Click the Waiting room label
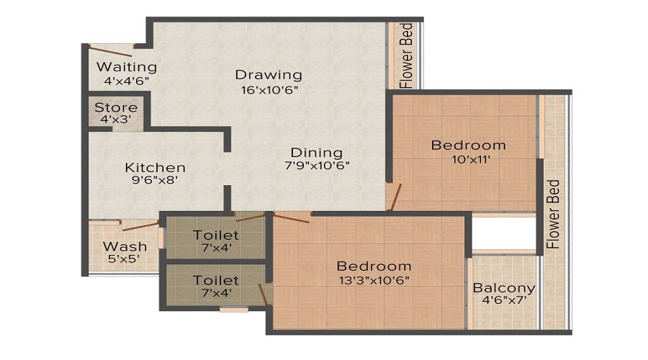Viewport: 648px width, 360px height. coord(127,67)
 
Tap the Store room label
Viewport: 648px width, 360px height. coord(116,107)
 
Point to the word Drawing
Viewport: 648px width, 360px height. coord(269,75)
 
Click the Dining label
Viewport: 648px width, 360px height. coord(316,153)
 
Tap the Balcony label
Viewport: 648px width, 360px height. coord(503,288)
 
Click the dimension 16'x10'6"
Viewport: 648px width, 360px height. coord(269,90)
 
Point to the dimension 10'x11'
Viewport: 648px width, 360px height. coord(468,160)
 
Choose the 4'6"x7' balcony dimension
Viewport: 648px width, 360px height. coord(503,302)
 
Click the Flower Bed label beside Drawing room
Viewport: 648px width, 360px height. coord(406,57)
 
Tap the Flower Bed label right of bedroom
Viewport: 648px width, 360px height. coord(553,214)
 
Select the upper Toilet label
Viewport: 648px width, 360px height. coord(216,235)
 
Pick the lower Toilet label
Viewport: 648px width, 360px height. coord(216,279)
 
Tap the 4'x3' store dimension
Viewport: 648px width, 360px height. coord(116,120)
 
